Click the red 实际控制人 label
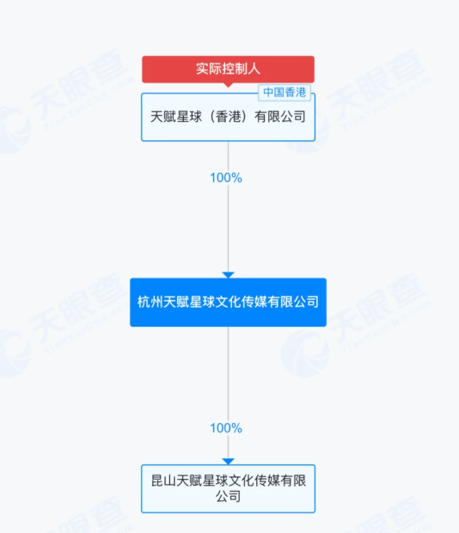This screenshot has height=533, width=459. click(228, 70)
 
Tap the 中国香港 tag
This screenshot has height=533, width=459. click(285, 93)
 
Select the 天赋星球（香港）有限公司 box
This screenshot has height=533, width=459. click(228, 117)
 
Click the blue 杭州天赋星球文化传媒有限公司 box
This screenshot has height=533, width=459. click(228, 303)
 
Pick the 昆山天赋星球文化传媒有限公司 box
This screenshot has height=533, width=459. click(228, 488)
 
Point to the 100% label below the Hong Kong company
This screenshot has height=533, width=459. click(226, 178)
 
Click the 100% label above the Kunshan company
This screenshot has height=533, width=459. click(226, 428)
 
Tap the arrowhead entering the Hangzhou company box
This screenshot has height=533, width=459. click(228, 274)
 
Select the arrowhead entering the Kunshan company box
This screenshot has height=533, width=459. click(228, 461)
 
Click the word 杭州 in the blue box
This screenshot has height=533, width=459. click(150, 302)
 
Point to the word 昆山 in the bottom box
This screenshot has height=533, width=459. click(164, 481)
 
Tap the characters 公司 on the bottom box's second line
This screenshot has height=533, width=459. click(228, 497)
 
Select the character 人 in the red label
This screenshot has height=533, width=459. click(254, 69)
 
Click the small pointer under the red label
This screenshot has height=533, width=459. click(228, 85)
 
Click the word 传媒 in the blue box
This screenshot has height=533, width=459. click(254, 302)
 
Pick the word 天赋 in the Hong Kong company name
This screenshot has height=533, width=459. click(163, 117)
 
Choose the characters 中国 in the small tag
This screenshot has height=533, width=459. click(274, 93)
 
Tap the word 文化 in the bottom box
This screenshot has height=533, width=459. click(242, 481)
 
